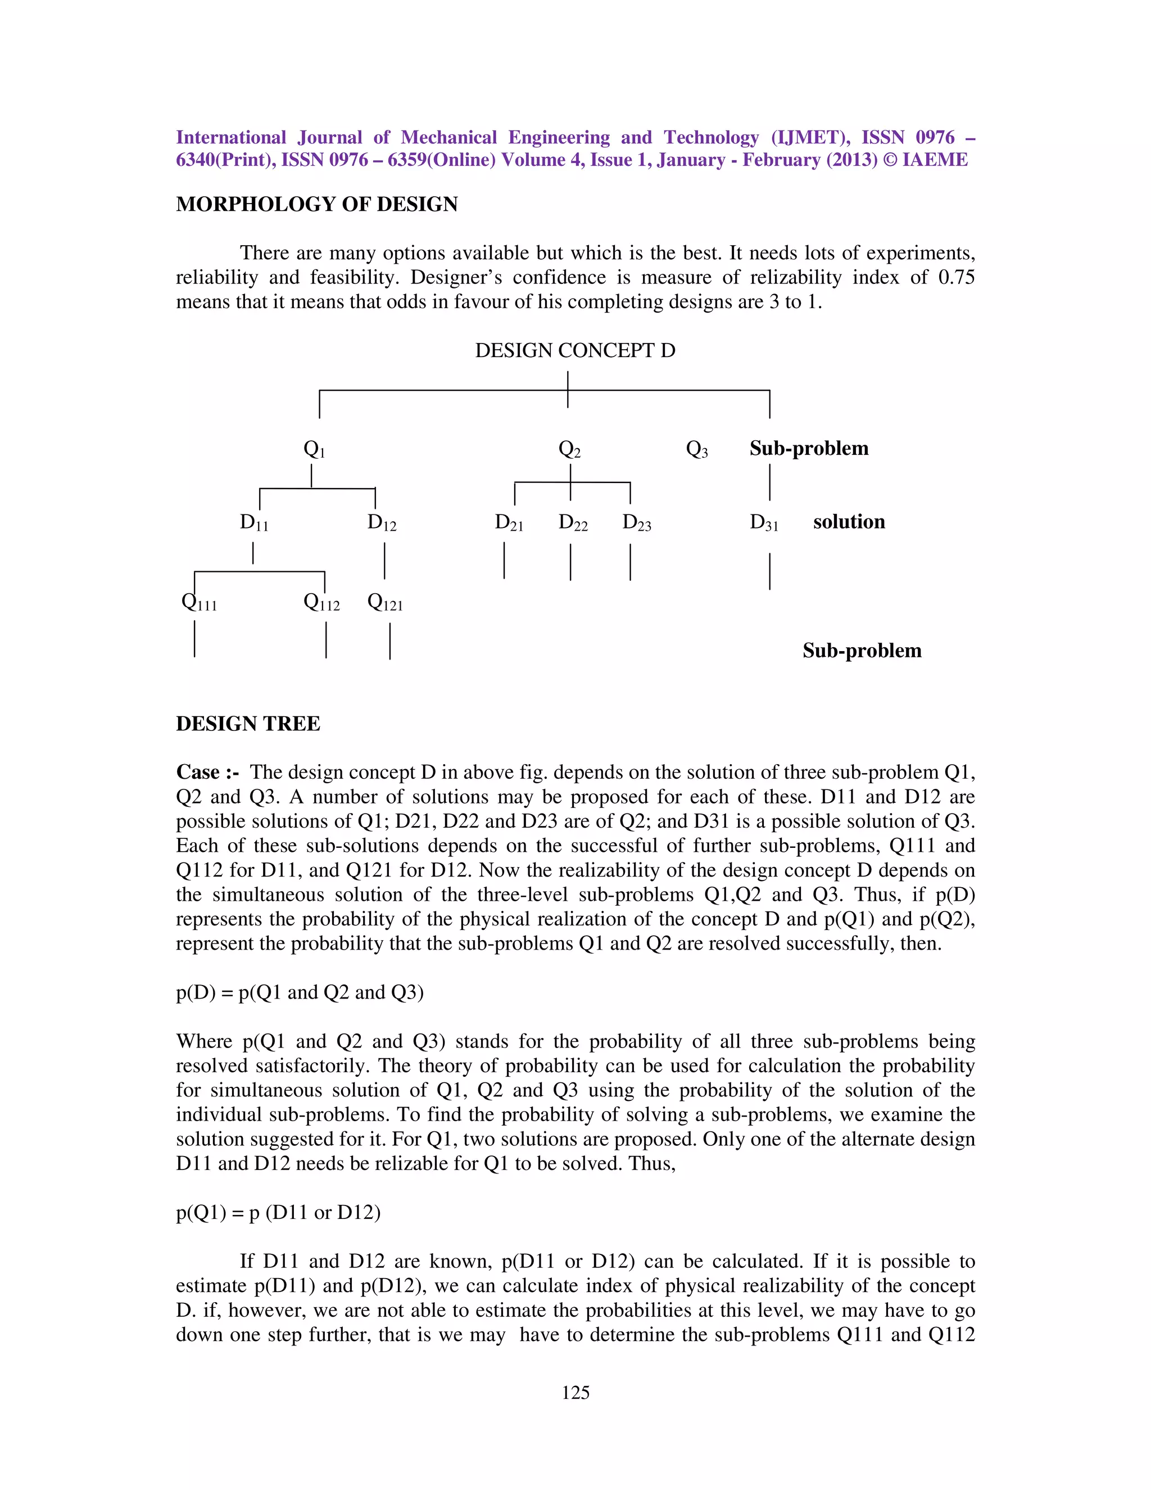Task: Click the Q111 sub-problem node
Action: [x=199, y=602]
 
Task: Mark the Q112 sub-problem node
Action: [x=321, y=602]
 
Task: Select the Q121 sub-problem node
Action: [x=384, y=602]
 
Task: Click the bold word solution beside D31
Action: [x=848, y=522]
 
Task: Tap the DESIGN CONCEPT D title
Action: [x=575, y=351]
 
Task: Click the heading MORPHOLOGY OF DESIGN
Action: [x=316, y=204]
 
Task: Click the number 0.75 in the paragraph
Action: [x=956, y=278]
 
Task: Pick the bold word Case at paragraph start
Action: [x=198, y=773]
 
